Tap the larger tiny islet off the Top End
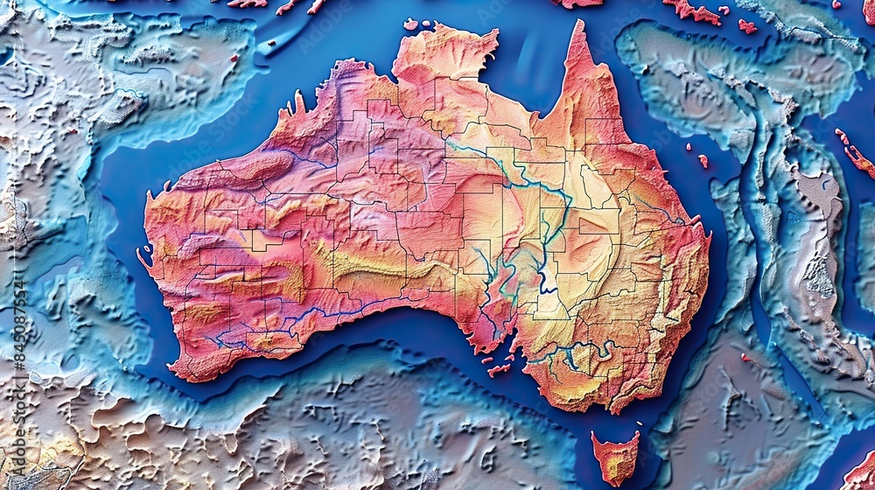(410, 24)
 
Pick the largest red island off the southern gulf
(500, 369)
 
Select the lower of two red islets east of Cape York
(703, 161)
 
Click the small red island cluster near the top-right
(746, 26)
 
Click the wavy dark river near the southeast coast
(569, 354)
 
